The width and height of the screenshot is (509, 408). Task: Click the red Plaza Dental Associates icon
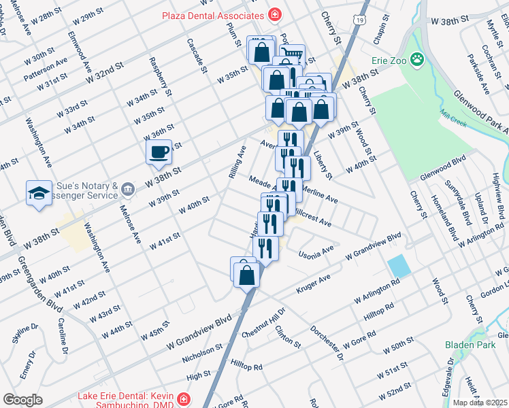274,14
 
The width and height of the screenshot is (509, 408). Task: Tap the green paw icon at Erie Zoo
416,60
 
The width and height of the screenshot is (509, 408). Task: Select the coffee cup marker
159,151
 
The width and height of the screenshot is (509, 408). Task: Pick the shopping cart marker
293,56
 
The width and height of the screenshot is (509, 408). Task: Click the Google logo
22,400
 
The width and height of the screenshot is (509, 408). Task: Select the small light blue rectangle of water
399,266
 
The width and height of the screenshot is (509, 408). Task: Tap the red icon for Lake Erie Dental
182,398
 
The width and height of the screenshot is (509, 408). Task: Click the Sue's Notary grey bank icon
129,186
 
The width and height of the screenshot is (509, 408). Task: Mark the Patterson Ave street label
45,69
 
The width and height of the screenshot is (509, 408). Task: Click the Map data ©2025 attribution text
480,403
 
